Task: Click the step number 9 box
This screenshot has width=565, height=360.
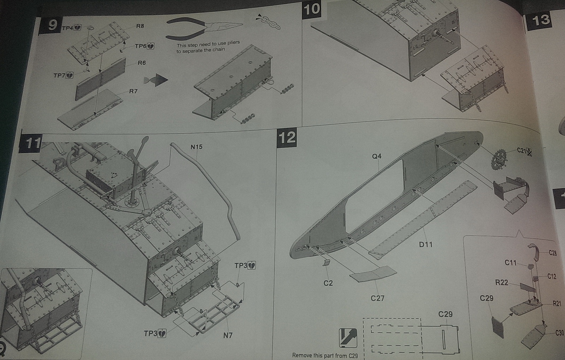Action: point(52,25)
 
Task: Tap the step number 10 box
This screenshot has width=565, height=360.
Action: point(312,10)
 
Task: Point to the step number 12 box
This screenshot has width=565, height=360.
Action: point(287,138)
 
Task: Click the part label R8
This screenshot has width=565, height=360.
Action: point(140,26)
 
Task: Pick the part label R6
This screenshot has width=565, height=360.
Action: point(142,63)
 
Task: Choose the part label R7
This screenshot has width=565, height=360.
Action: point(133,91)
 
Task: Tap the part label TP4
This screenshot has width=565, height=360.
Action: point(68,28)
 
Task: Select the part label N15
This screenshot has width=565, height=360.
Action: point(196,147)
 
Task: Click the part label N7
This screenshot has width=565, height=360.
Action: point(228,335)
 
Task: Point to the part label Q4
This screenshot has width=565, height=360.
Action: point(376,157)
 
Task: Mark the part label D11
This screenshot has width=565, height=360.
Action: point(426,244)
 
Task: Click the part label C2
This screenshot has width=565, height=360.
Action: point(328,283)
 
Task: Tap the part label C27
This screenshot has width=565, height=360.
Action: point(377,298)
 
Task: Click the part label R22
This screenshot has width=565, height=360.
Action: point(501,282)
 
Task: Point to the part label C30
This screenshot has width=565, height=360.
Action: point(559,333)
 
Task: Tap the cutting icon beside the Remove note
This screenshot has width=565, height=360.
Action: point(348,338)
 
